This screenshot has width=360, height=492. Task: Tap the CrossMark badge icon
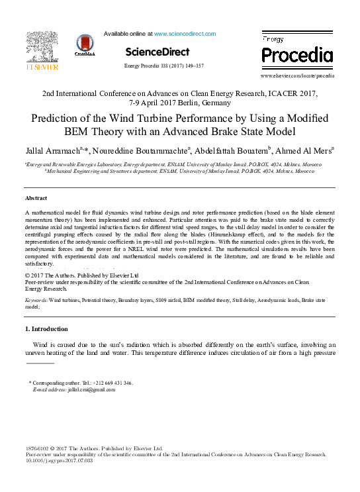[x=85, y=46]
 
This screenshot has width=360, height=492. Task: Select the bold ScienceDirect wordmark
[x=157, y=52]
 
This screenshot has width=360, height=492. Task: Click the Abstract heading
[x=36, y=198]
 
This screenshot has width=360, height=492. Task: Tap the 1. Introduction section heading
[x=46, y=328]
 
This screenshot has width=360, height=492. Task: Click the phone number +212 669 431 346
[x=117, y=383]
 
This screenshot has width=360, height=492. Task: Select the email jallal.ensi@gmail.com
[x=92, y=389]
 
